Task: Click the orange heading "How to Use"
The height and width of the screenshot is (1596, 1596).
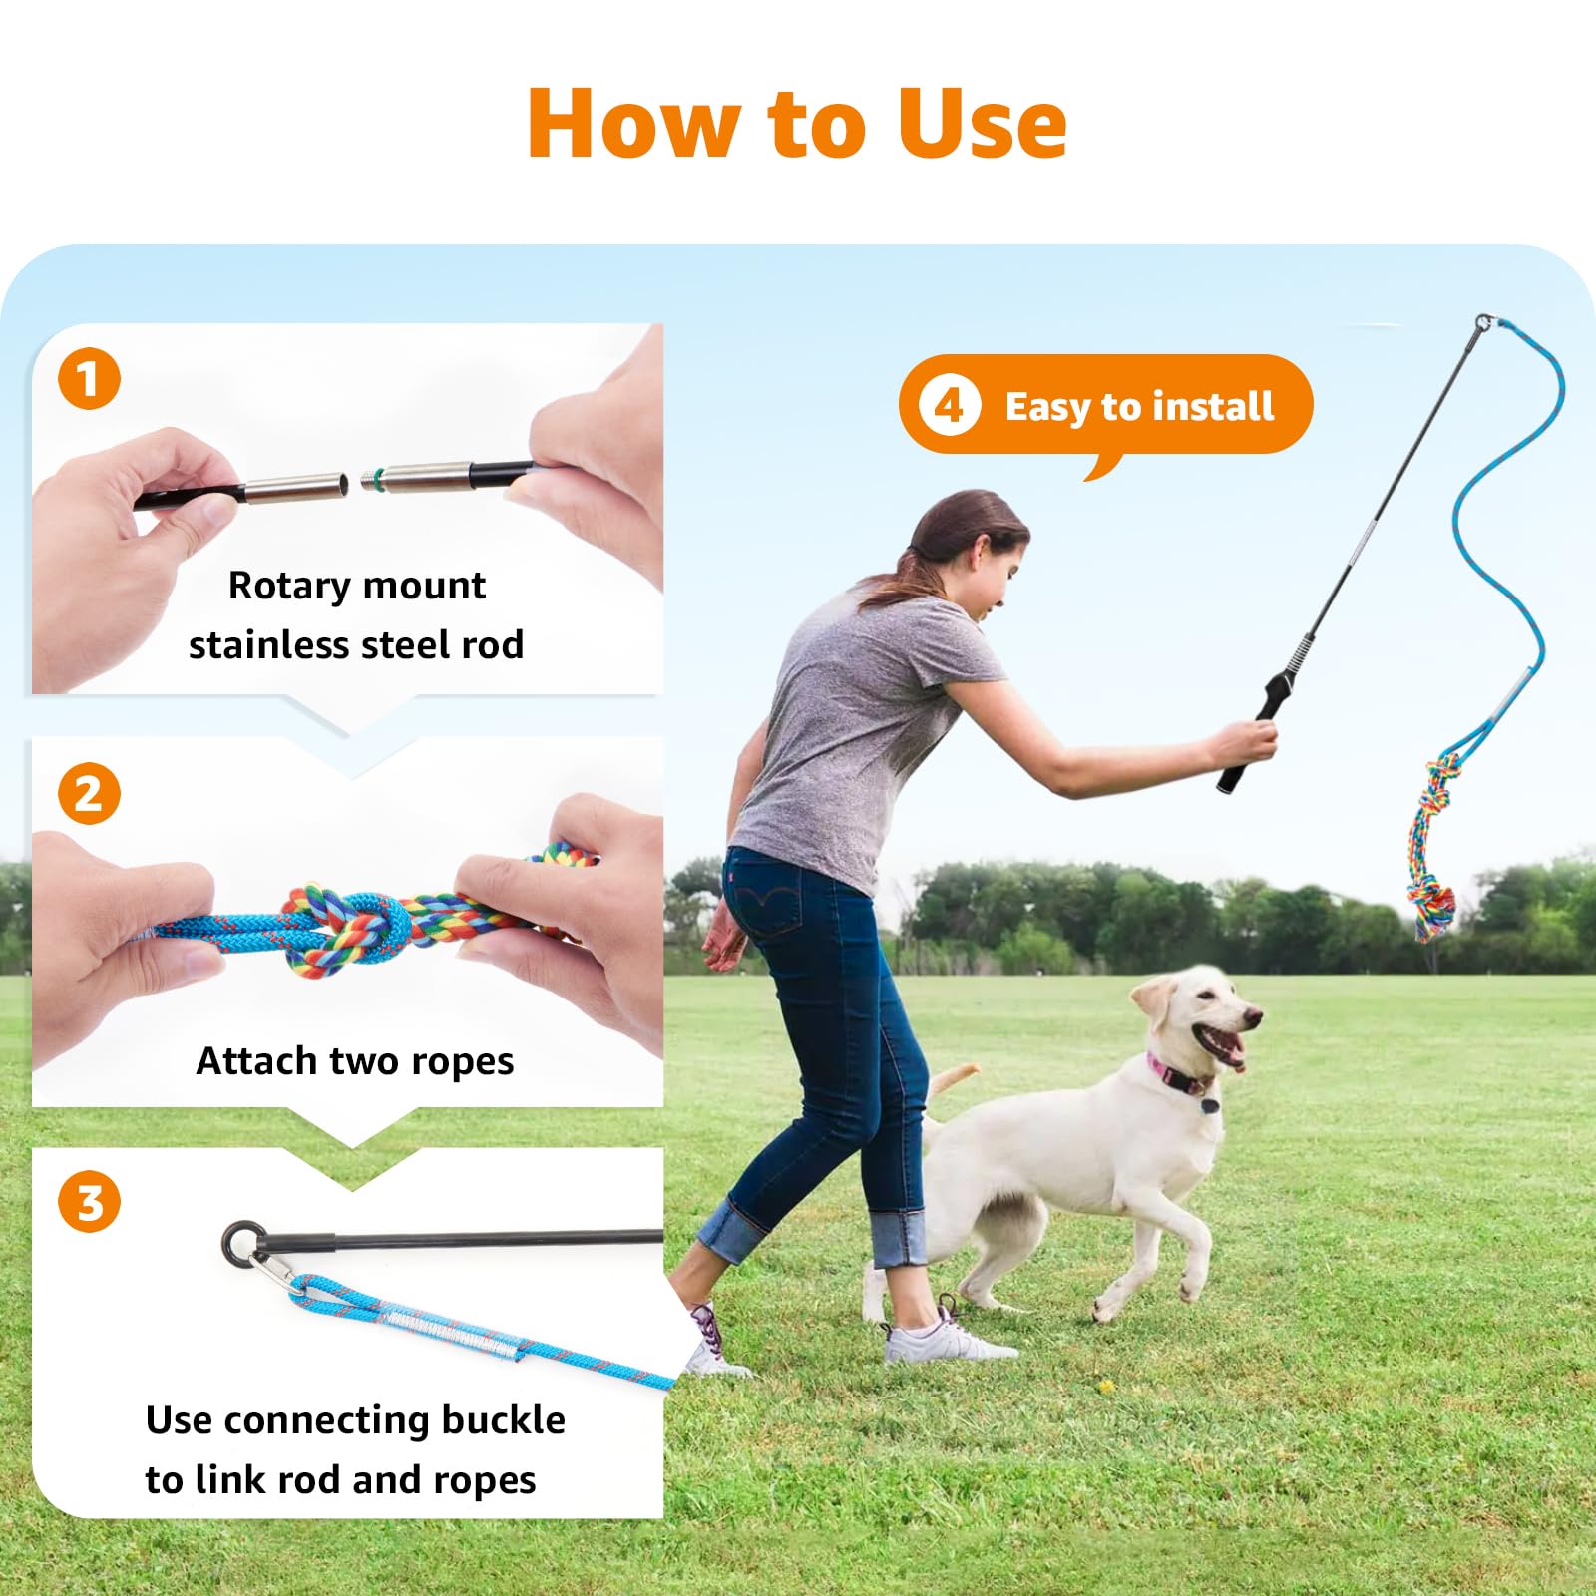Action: [x=798, y=124]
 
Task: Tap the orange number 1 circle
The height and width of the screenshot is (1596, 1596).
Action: [x=89, y=379]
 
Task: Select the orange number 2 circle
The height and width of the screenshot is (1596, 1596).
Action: [x=89, y=794]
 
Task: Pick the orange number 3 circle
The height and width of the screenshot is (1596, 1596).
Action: [x=89, y=1202]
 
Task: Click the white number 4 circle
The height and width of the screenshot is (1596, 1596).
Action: [x=949, y=406]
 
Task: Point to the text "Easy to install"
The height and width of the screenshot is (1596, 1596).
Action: [x=1139, y=407]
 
